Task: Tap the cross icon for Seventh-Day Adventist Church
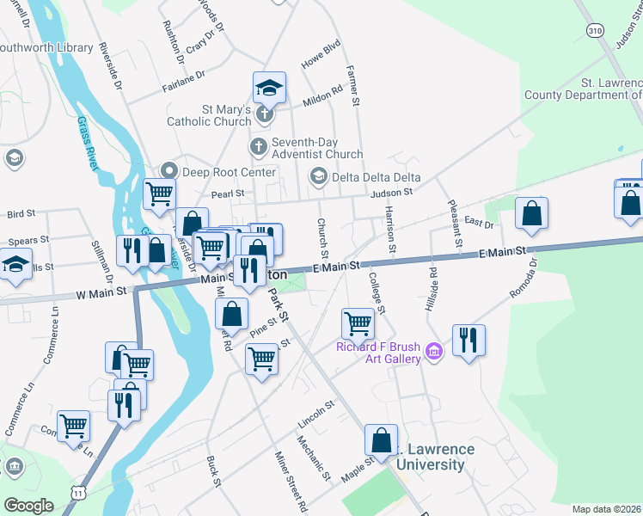coord(257,148)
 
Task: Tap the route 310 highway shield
coord(595,30)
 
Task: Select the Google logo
coord(28,506)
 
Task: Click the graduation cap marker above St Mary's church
coord(269,87)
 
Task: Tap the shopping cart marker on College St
coord(358,324)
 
